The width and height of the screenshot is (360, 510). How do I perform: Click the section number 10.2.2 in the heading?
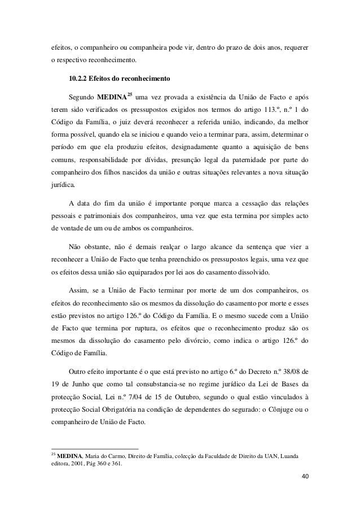pyautogui.click(x=80, y=78)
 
